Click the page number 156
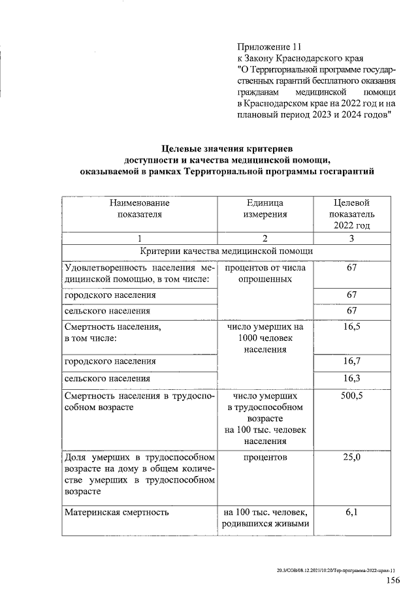tap(393, 581)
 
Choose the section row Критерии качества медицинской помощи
tap(226, 251)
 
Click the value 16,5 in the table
tap(351, 327)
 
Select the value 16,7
tap(351, 360)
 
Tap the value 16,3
tap(351, 377)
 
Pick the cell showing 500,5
tap(351, 396)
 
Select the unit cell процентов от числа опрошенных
tap(265, 273)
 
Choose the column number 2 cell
tap(265, 238)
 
